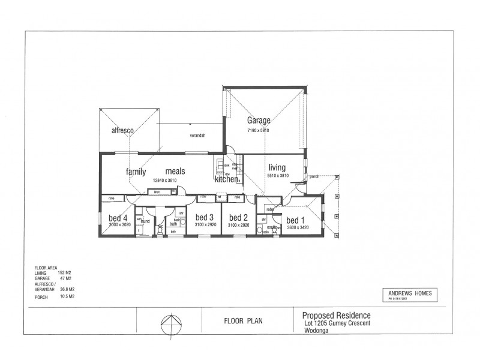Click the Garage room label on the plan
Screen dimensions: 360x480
click(259, 120)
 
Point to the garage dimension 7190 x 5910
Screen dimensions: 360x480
click(259, 130)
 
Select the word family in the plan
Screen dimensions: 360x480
click(136, 172)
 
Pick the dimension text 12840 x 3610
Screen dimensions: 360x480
click(166, 179)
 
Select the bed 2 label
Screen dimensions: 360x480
click(238, 217)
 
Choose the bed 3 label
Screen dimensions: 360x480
click(205, 217)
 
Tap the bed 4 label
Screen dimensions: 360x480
click(118, 218)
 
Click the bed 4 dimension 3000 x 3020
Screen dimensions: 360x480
click(119, 225)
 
